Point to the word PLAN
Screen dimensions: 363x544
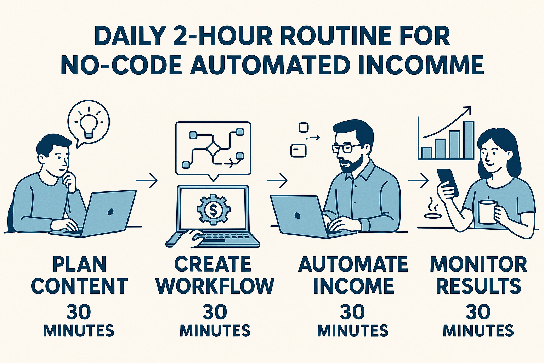(x=79, y=264)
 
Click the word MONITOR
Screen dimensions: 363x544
(x=478, y=264)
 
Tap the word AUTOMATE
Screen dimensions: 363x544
(x=353, y=264)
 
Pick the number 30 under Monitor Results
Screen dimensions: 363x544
(x=478, y=312)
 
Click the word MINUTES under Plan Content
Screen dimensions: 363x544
(x=79, y=330)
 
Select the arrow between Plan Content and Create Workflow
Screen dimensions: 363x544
(x=147, y=180)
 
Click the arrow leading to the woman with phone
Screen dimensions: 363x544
(x=418, y=180)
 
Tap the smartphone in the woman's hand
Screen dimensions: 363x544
(x=448, y=182)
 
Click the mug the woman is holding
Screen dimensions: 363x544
(x=487, y=212)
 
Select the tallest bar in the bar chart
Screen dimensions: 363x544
(x=469, y=140)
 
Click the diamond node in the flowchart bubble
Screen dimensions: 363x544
(x=213, y=149)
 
